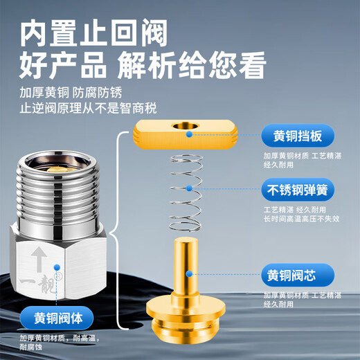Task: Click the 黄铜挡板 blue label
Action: tap(297, 136)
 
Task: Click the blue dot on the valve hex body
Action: tap(56, 265)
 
